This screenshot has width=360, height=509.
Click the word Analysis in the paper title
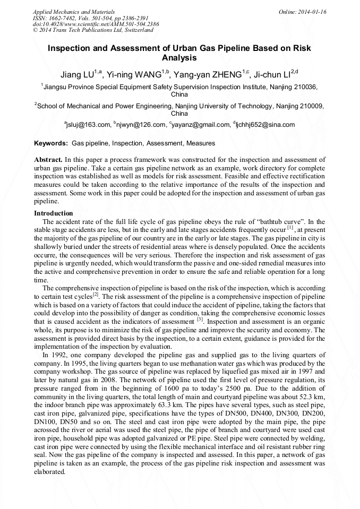click(179, 58)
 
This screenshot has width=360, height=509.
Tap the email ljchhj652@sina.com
click(265, 125)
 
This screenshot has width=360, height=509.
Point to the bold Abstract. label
click(48, 160)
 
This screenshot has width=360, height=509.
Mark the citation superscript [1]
click(290, 228)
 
